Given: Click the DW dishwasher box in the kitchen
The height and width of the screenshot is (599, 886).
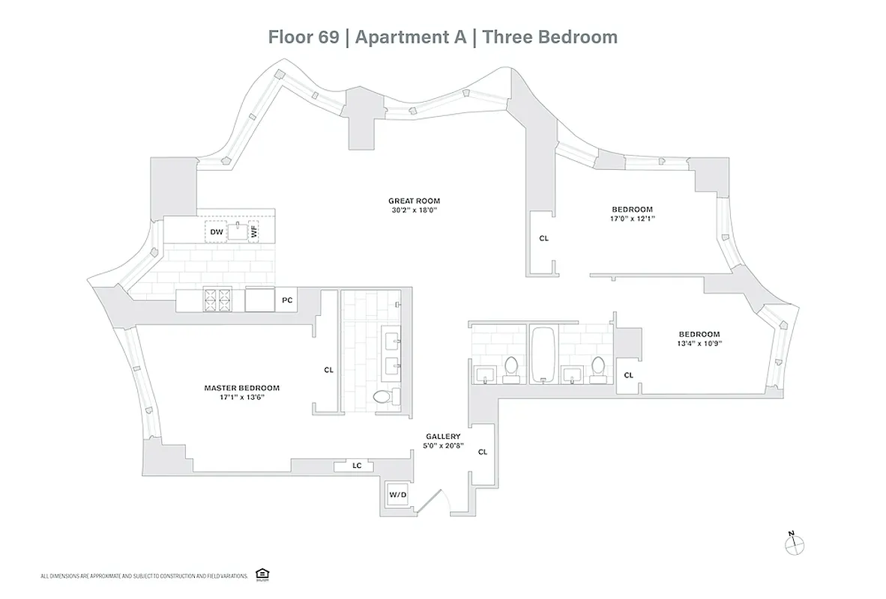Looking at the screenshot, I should pyautogui.click(x=217, y=232).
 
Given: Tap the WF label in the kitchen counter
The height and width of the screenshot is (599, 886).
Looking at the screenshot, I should pyautogui.click(x=254, y=232).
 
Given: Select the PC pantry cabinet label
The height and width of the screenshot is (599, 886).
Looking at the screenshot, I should pyautogui.click(x=286, y=300).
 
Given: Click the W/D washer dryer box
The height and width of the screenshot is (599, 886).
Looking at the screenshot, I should pyautogui.click(x=397, y=495).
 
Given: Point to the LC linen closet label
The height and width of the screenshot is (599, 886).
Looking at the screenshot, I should pyautogui.click(x=357, y=466).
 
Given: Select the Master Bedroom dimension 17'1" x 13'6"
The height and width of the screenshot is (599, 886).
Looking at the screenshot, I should pyautogui.click(x=241, y=398).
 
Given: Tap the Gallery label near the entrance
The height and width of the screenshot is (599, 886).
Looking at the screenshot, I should pyautogui.click(x=443, y=437).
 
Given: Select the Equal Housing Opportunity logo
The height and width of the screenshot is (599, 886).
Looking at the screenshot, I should pyautogui.click(x=262, y=574).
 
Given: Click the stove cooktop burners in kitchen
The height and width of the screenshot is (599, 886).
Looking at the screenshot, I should pyautogui.click(x=218, y=300).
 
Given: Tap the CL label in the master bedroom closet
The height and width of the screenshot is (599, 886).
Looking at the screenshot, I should pyautogui.click(x=328, y=370).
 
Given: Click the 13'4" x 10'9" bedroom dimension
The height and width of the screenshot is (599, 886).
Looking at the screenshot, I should pyautogui.click(x=699, y=344).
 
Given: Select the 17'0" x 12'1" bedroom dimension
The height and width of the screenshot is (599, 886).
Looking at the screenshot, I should pyautogui.click(x=632, y=219).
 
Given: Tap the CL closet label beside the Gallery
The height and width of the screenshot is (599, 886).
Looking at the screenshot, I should pyautogui.click(x=483, y=451).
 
